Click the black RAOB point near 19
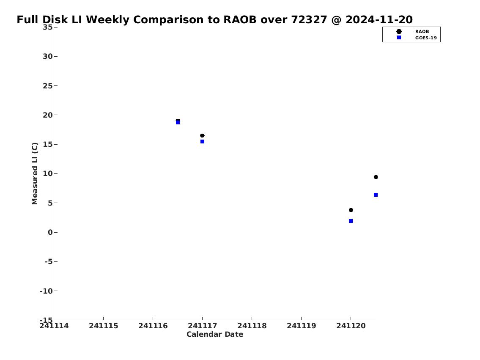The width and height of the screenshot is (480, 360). coord(178,121)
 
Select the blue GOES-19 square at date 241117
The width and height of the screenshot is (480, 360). coord(202,141)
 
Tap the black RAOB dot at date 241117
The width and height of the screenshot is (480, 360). coord(202,136)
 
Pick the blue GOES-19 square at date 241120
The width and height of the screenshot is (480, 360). coord(351,221)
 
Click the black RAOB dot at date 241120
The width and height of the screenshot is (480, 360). coord(351,210)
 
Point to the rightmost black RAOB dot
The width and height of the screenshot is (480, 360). coord(376,177)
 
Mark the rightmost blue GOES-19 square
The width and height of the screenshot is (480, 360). coord(376,195)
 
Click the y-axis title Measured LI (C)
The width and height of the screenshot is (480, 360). coord(35,173)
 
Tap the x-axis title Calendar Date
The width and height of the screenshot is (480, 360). coord(214,334)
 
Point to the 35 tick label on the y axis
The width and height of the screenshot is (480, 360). coord(47,27)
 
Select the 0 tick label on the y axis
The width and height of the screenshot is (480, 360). coord(50,232)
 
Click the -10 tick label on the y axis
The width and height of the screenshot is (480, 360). coord(46,291)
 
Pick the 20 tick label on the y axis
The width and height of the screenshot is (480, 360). coord(47,115)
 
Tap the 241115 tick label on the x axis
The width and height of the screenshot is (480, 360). coord(104,326)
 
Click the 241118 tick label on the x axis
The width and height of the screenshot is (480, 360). coord(252,326)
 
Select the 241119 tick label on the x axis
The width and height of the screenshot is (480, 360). coord(301,326)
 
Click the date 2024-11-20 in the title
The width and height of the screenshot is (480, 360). coord(379,19)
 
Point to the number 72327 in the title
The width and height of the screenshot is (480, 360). coord(309,19)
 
